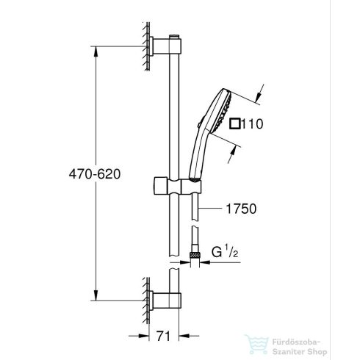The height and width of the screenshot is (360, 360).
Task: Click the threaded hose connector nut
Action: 195,253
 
